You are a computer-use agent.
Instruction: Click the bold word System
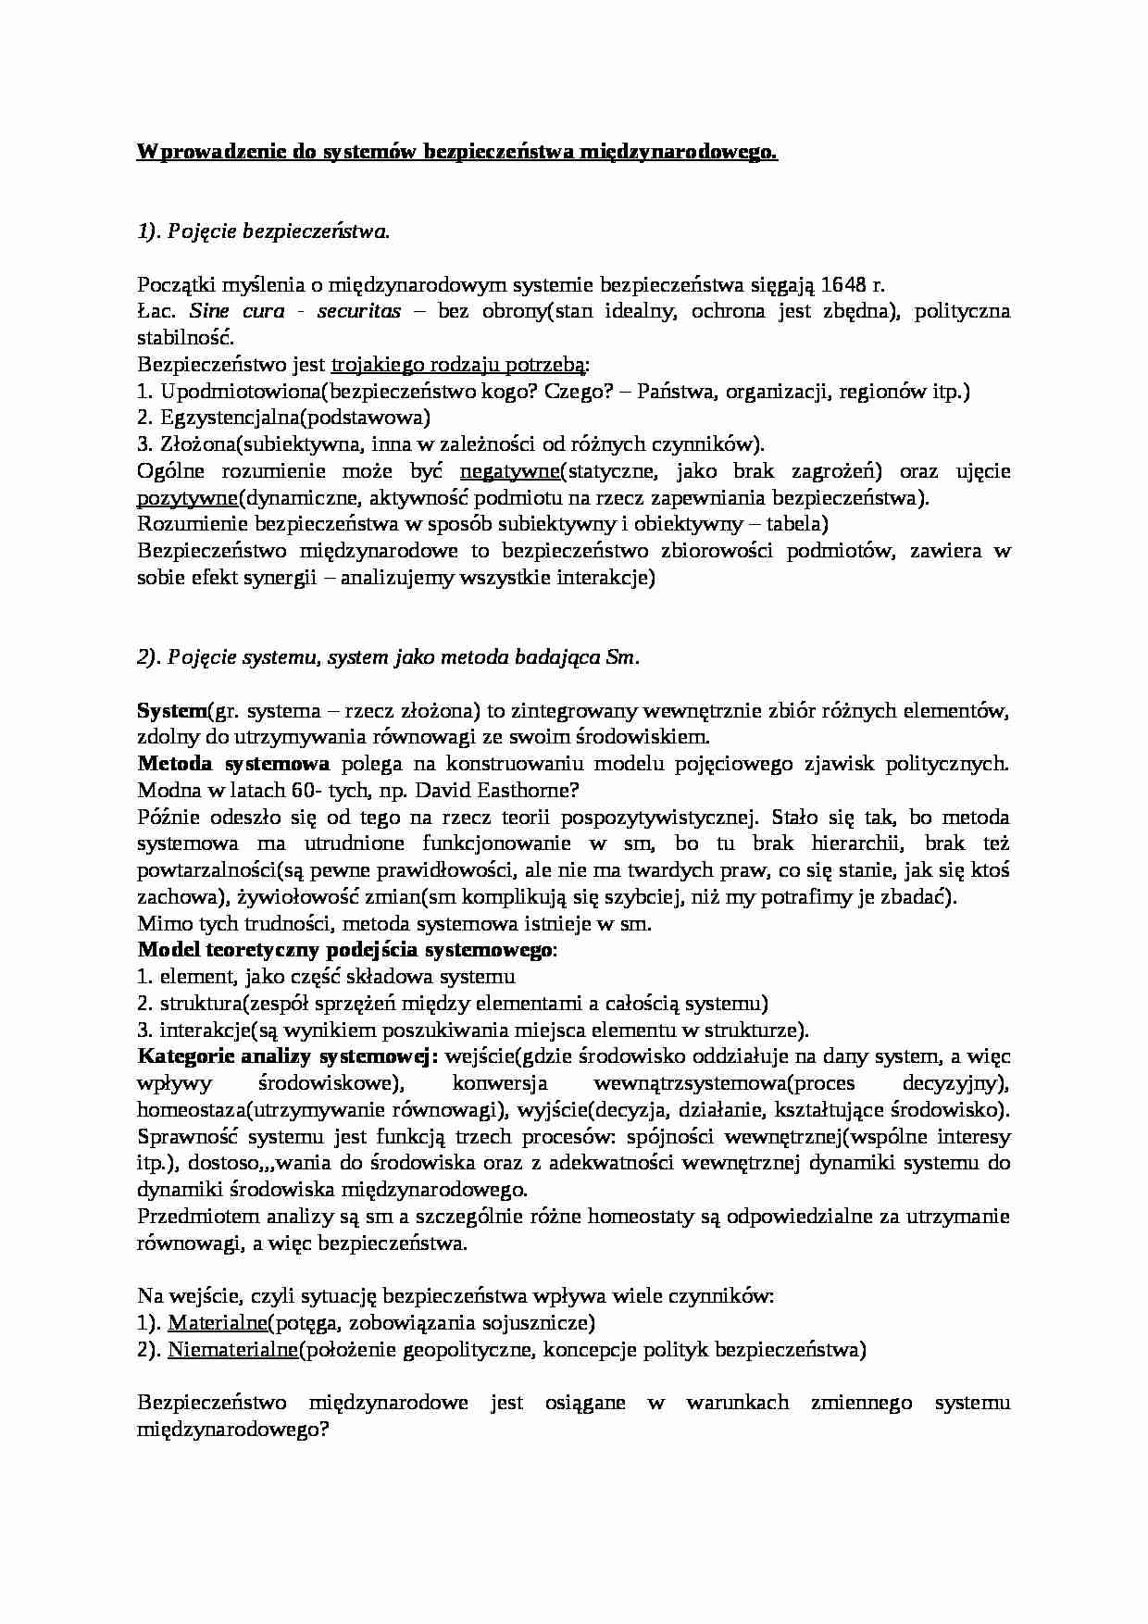tap(172, 711)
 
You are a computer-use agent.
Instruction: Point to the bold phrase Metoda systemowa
tap(233, 765)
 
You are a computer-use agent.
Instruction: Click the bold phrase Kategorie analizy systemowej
tap(287, 1056)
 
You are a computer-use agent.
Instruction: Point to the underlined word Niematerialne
tap(232, 1350)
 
